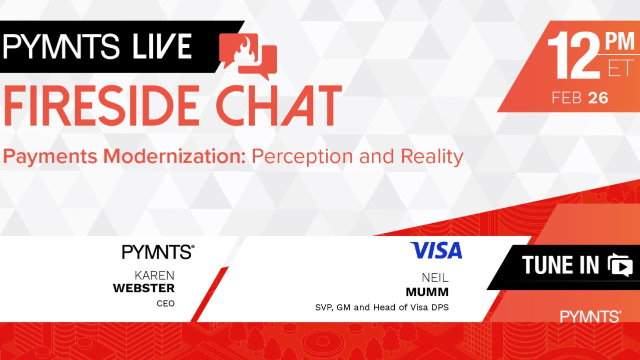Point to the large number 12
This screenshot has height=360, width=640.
click(574, 56)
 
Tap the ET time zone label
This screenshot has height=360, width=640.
click(620, 68)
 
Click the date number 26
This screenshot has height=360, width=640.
click(598, 98)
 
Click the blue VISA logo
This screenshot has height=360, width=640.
click(436, 251)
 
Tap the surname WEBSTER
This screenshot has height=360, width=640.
click(144, 288)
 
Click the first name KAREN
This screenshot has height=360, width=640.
click(155, 275)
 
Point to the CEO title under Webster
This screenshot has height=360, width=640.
click(165, 303)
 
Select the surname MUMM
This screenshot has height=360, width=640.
click(427, 291)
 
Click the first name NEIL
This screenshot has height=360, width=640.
click(435, 278)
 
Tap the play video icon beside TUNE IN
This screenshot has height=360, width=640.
click(620, 265)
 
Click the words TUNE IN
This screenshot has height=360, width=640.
click(560, 265)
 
